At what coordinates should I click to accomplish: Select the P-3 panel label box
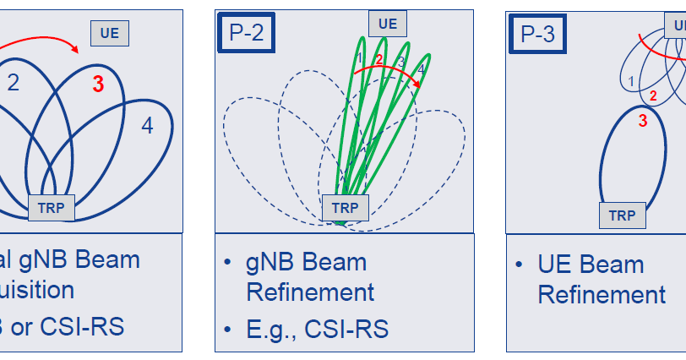pos(537,33)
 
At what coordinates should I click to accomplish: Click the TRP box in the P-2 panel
pos(345,207)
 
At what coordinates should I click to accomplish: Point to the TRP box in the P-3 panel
pos(623,215)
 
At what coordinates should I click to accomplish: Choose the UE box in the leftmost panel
pos(110,33)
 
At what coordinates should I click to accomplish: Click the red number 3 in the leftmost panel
pos(99,85)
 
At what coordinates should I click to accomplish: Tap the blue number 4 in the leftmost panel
pos(148,127)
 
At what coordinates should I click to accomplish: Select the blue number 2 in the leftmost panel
pos(14,82)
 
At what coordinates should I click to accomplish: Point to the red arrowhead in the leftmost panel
pos(76,50)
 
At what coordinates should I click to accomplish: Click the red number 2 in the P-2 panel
pos(379,60)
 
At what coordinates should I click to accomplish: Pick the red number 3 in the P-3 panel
pos(642,120)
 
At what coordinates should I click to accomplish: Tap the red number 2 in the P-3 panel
pos(652,95)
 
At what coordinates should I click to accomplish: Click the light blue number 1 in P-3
pos(631,81)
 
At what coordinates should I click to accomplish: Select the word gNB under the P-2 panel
pos(274,262)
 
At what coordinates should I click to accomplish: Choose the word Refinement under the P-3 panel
pos(602,295)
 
